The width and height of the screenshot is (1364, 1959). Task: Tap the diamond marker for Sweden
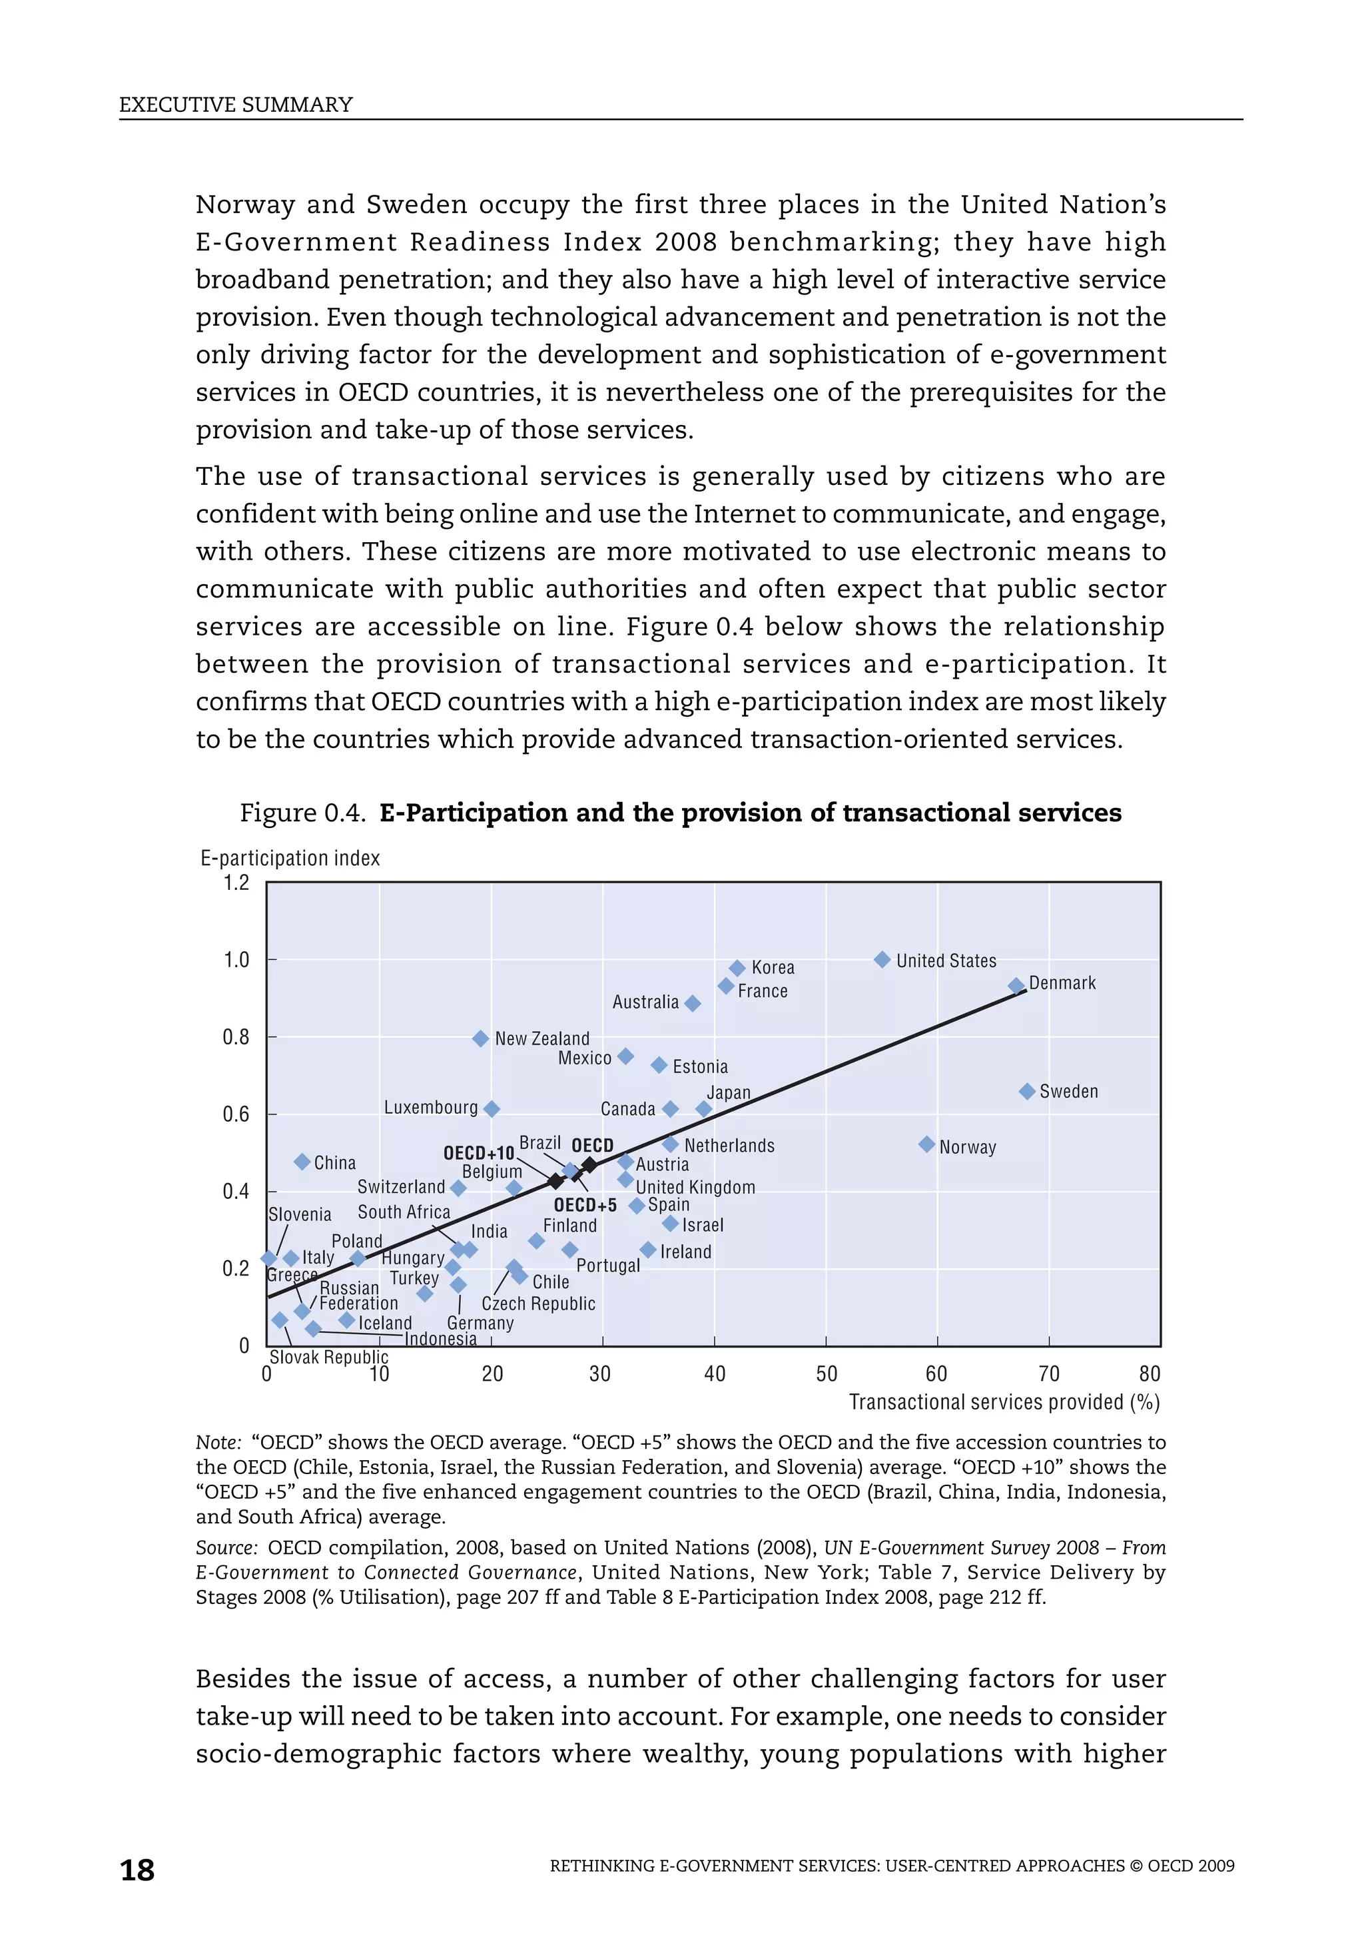click(1027, 1091)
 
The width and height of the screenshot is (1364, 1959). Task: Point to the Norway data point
click(926, 1144)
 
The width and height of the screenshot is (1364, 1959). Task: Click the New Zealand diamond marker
click(481, 1038)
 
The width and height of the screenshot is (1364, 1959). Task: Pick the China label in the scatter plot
click(334, 1163)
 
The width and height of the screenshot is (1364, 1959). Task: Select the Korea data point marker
click(737, 968)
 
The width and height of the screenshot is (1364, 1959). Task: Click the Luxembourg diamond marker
click(492, 1108)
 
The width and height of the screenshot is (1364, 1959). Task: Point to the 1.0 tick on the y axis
click(236, 960)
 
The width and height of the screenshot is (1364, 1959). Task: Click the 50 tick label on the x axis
click(826, 1373)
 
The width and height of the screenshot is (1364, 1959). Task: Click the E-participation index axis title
click(290, 859)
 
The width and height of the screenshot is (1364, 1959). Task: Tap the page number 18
click(137, 1870)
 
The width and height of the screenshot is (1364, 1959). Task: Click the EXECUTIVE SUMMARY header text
click(236, 105)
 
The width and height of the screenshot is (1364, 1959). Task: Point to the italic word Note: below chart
click(218, 1442)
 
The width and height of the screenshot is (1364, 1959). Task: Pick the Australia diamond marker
click(693, 1003)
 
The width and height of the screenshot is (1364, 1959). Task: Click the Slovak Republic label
click(328, 1357)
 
